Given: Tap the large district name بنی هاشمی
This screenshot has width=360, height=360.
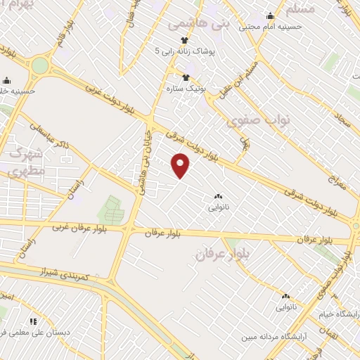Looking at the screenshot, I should pyautogui.click(x=199, y=24).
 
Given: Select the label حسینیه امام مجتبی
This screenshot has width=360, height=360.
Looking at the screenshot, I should pyautogui.click(x=271, y=27).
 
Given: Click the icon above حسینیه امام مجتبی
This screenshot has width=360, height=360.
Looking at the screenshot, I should pyautogui.click(x=271, y=16).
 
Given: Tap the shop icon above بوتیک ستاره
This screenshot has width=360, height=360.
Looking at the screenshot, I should pyautogui.click(x=186, y=77).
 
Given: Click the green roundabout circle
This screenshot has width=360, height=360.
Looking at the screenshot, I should pyautogui.click(x=40, y=66).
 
